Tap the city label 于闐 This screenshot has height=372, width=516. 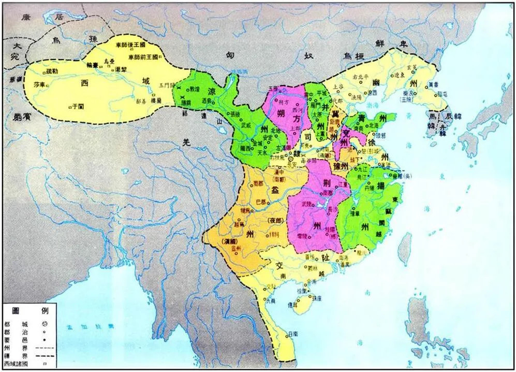[x=78, y=105]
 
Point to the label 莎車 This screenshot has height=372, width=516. [x=39, y=84]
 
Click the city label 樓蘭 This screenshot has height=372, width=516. [x=156, y=104]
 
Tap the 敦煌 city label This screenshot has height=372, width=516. [x=194, y=89]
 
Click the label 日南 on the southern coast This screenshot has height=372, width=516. [x=293, y=334]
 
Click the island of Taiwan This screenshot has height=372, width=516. [x=407, y=244]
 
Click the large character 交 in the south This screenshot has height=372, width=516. [x=279, y=265]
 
